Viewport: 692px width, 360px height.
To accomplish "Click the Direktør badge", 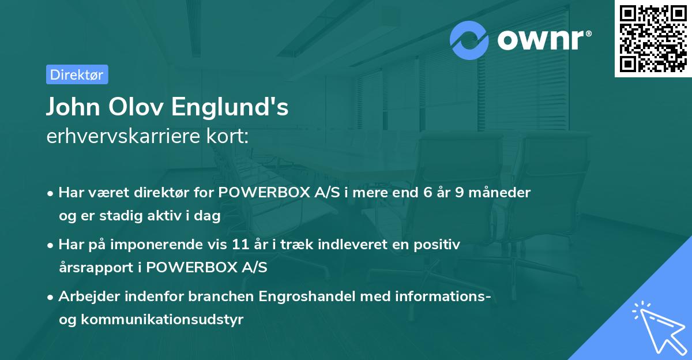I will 77,74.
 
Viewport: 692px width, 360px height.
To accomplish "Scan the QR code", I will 653,38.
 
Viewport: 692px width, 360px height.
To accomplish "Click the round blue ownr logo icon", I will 470,40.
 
